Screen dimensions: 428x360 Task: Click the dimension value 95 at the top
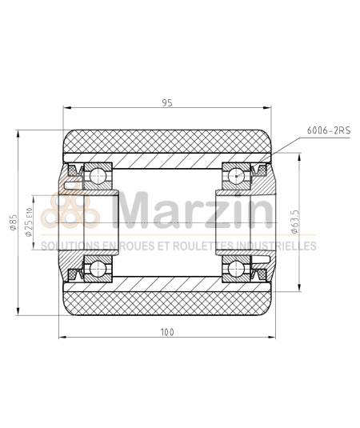(x=166, y=102)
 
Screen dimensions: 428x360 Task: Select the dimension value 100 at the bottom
(x=166, y=330)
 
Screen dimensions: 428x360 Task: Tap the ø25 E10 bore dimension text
(x=29, y=222)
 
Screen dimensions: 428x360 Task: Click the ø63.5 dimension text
(x=296, y=220)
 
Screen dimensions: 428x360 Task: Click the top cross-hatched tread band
(x=166, y=142)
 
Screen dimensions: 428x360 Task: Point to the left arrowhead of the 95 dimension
(x=65, y=110)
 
